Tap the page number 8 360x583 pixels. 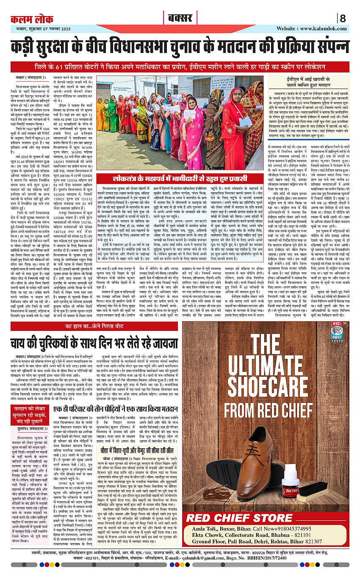(x=342, y=19)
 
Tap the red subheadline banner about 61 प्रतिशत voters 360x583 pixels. (x=180, y=67)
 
